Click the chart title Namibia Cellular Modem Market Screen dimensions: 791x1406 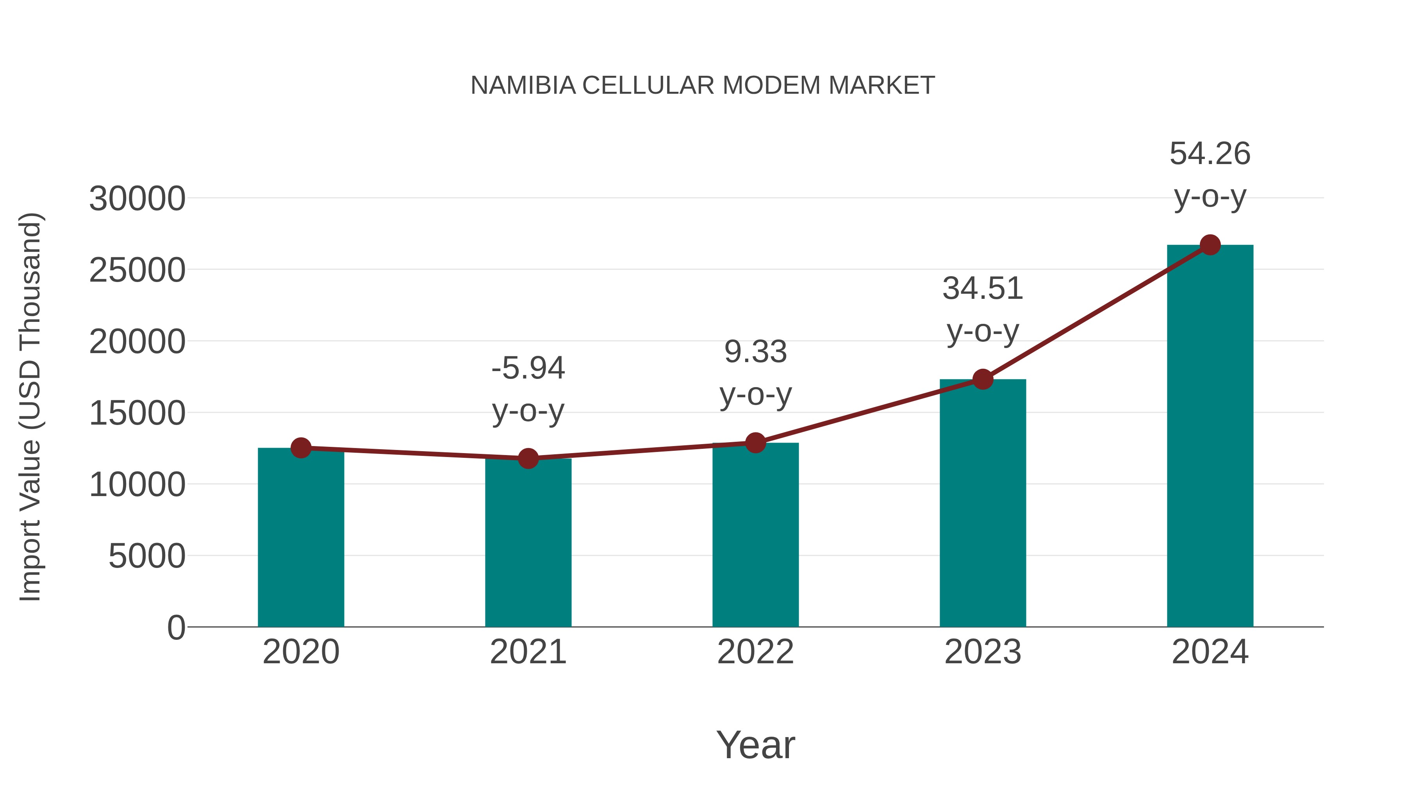point(703,86)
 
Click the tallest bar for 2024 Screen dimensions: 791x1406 point(1210,437)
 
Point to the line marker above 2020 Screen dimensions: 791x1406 point(301,448)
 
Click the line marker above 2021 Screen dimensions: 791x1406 point(528,459)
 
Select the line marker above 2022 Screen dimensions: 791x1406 point(755,443)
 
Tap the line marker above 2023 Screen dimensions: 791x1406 point(983,379)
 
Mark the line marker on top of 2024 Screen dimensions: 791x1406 point(1210,245)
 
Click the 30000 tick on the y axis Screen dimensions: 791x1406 point(137,199)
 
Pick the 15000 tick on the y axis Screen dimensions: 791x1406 point(137,413)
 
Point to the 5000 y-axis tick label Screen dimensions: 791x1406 point(147,556)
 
